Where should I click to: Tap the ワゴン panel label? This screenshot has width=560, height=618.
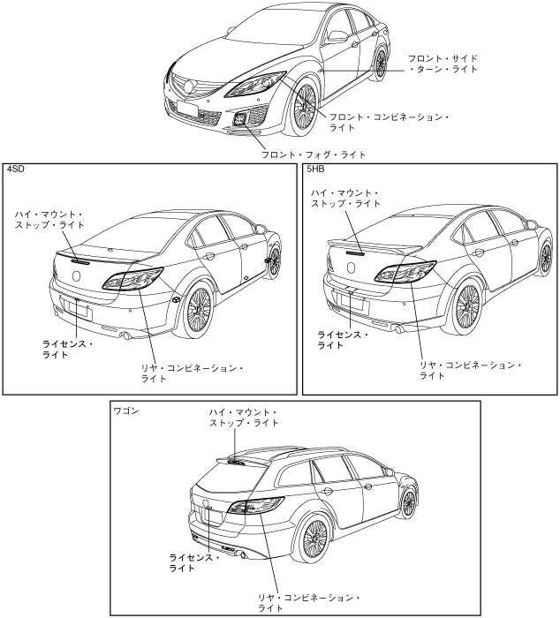(126, 411)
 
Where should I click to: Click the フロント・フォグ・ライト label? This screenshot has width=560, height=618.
(313, 154)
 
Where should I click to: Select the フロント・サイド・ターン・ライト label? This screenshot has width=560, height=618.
(442, 64)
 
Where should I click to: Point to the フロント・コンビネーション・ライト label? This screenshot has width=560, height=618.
(389, 121)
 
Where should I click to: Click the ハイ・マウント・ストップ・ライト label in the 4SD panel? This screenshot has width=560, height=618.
(49, 220)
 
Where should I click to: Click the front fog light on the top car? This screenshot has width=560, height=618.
(241, 122)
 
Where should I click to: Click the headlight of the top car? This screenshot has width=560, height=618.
(255, 87)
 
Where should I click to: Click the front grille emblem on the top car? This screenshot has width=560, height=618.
(186, 86)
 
